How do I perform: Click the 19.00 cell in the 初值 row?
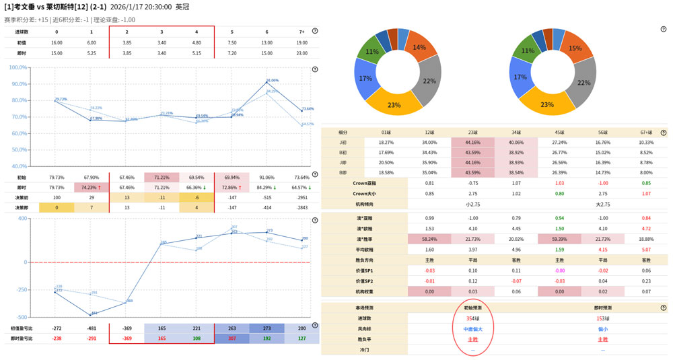pos(302,42)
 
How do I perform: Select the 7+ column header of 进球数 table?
pos(302,32)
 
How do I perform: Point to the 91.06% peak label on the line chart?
pos(272,80)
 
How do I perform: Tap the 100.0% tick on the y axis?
pos(18,67)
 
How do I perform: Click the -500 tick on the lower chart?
pos(21,317)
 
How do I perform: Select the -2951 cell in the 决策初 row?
pos(302,197)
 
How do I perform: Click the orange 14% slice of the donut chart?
pos(420,46)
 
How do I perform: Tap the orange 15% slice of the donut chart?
pos(575,48)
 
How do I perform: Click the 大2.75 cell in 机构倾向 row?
pos(602,204)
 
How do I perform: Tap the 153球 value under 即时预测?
pos(602,318)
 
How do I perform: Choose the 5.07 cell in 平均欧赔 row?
pos(645,250)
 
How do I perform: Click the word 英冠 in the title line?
pos(182,7)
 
